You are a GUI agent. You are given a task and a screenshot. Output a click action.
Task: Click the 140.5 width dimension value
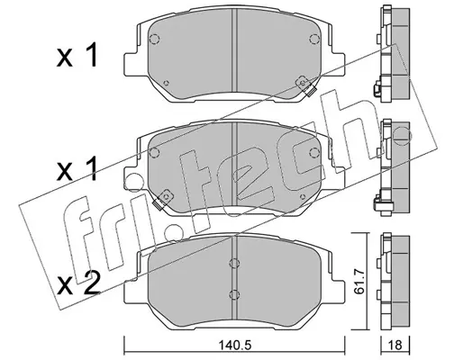point(234,346)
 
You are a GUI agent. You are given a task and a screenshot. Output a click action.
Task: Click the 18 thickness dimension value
point(395,346)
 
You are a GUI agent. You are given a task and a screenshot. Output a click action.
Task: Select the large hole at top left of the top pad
point(154,39)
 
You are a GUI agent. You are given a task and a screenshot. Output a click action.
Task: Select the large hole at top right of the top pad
point(314,39)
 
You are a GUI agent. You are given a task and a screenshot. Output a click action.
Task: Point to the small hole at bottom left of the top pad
point(167,84)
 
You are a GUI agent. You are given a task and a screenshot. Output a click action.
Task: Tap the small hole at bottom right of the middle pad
point(303,196)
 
